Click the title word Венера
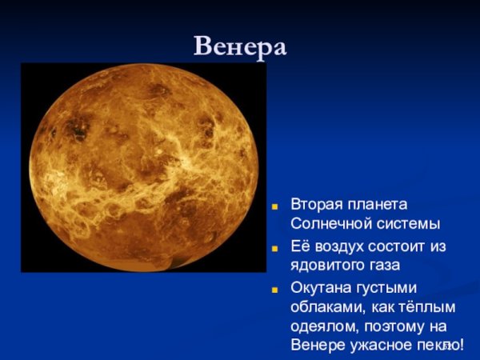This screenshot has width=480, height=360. tap(240, 46)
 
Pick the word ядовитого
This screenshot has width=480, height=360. tap(330, 264)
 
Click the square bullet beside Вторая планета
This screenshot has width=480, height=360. tap(274, 206)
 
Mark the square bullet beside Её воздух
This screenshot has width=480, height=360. tap(274, 246)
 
